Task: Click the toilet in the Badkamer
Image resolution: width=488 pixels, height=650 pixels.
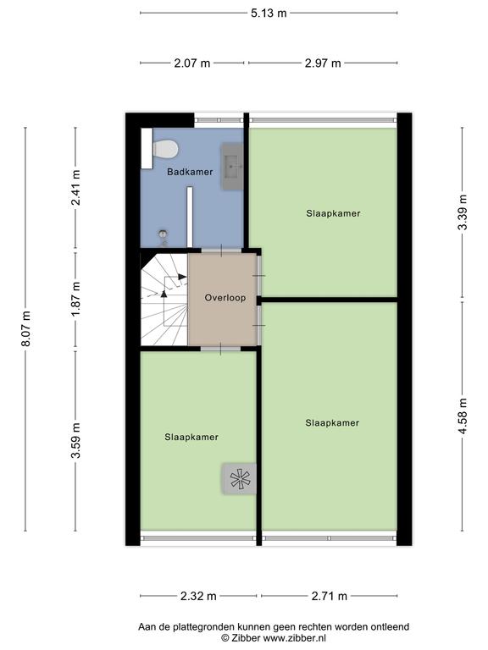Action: click(165, 149)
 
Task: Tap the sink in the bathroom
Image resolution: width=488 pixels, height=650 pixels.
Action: click(232, 166)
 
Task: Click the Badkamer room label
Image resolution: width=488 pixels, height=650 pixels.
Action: click(190, 172)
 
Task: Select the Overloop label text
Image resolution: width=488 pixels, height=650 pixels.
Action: click(225, 298)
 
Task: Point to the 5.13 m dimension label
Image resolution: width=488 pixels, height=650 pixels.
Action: click(269, 14)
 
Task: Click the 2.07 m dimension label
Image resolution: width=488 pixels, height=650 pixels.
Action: click(191, 63)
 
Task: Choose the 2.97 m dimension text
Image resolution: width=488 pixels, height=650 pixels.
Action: click(323, 63)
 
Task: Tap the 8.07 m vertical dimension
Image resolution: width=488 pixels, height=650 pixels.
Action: click(25, 328)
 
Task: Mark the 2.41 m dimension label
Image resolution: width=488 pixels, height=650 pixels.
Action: click(75, 187)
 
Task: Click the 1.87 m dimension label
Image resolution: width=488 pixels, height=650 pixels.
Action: click(75, 299)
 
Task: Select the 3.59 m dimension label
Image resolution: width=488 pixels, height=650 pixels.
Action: click(75, 440)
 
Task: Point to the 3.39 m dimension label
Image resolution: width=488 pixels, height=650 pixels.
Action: click(463, 212)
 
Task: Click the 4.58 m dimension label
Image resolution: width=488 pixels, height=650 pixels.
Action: click(463, 416)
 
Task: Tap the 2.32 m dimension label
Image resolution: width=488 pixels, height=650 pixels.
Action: click(198, 596)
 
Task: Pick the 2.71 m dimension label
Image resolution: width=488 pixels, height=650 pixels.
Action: click(329, 596)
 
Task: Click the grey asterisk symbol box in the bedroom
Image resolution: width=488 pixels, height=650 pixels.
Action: click(239, 479)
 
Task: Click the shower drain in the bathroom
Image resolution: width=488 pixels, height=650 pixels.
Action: click(163, 234)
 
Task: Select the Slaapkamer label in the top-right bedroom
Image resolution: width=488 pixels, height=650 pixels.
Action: click(333, 213)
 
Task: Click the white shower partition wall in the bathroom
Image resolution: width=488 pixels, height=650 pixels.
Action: click(190, 217)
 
